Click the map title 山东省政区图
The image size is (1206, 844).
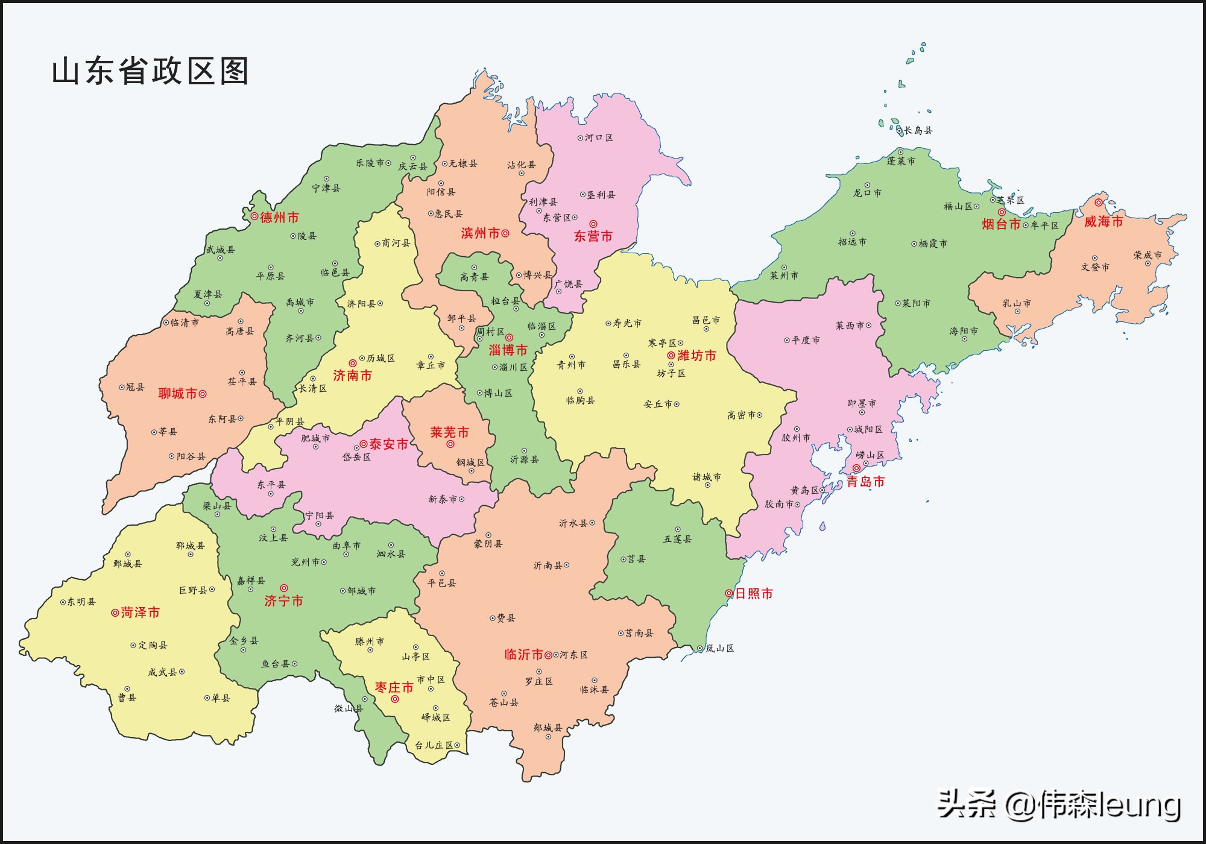click(x=150, y=71)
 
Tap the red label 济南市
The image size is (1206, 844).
click(x=352, y=376)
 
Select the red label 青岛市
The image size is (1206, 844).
click(x=865, y=482)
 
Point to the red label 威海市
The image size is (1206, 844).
click(x=1103, y=222)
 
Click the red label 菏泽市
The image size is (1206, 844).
click(x=140, y=613)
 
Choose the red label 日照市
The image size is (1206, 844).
click(x=754, y=594)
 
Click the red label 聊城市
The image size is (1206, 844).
click(x=178, y=394)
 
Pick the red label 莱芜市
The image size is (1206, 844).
click(x=449, y=433)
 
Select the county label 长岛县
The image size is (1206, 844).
click(x=918, y=130)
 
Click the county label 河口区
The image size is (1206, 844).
click(x=599, y=137)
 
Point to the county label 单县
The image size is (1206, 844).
click(x=221, y=698)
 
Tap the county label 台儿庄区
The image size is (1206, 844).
click(x=434, y=745)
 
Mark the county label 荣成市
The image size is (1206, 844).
click(x=1147, y=255)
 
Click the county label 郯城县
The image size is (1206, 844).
click(x=548, y=728)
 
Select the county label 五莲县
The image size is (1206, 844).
click(x=677, y=539)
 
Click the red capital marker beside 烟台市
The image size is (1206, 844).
click(x=1002, y=212)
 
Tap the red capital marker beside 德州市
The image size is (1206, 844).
click(x=254, y=216)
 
